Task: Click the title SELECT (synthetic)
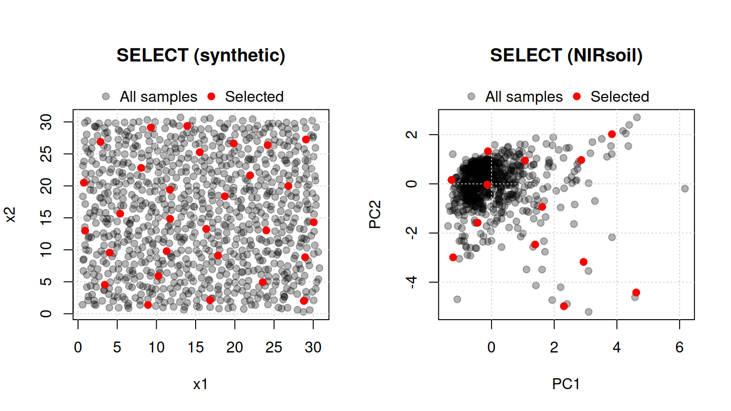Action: click(x=201, y=55)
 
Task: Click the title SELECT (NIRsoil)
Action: click(x=566, y=55)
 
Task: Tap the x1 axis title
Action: click(x=200, y=384)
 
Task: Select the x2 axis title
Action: click(x=10, y=215)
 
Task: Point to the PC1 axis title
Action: click(x=566, y=384)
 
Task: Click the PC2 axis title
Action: click(x=375, y=215)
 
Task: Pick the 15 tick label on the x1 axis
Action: click(x=196, y=347)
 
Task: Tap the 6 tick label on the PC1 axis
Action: click(x=680, y=347)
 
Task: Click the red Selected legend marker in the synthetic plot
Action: click(x=211, y=96)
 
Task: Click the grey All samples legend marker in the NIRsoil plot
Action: click(x=471, y=96)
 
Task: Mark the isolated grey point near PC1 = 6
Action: click(x=685, y=188)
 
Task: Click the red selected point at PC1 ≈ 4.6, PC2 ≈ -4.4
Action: click(x=636, y=292)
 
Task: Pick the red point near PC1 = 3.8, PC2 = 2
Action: click(x=612, y=134)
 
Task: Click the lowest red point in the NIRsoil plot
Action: click(x=564, y=306)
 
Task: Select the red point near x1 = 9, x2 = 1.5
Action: click(x=148, y=305)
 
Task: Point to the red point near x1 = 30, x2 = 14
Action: click(x=314, y=222)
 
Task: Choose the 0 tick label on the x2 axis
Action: click(x=46, y=314)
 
